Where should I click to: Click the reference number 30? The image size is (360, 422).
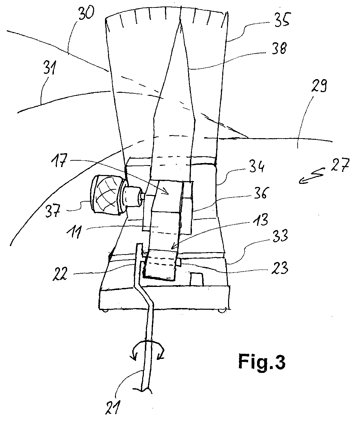[x=87, y=13]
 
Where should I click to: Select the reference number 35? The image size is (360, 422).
[x=282, y=19]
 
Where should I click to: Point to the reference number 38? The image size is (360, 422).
[x=280, y=48]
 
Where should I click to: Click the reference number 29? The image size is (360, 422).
[x=319, y=86]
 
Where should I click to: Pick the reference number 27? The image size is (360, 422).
[x=340, y=165]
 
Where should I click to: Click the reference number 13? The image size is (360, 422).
[x=261, y=219]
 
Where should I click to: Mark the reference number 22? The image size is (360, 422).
[x=60, y=274]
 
